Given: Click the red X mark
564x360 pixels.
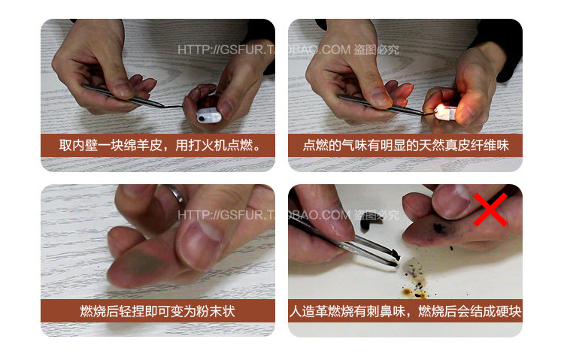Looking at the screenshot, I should point(490,209).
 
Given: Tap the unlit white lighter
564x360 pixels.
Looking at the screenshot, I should point(208,114).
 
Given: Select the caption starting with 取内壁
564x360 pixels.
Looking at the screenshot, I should point(158,144).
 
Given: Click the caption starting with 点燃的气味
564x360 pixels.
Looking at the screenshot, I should point(405,144).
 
